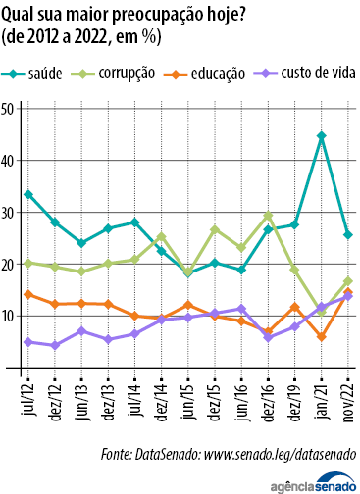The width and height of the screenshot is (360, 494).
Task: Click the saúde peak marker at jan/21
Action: click(x=322, y=136)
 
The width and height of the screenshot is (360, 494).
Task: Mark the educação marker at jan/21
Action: click(x=322, y=337)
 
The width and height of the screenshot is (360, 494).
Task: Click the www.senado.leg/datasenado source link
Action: click(x=275, y=454)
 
